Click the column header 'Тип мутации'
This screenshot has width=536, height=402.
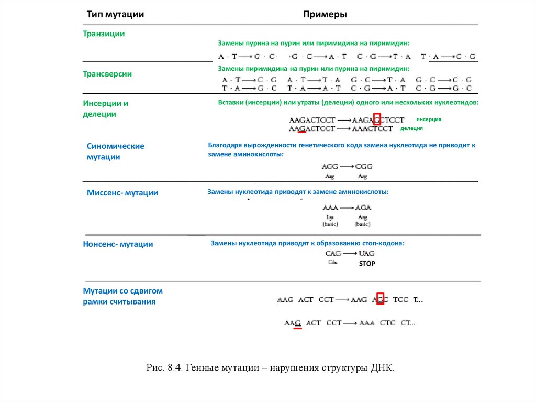pos(115,15)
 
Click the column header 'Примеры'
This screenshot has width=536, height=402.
pos(325,15)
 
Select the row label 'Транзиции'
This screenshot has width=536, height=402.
pos(104,34)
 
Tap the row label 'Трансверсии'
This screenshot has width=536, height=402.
pos(107,74)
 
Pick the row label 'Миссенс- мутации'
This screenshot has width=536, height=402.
pos(122,193)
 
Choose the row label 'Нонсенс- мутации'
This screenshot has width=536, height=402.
pos(118,244)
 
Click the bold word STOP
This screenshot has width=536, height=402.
pos(367,264)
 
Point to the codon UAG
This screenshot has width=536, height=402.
pos(366,253)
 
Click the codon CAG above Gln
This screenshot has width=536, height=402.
pos(333,253)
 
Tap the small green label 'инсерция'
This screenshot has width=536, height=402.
pos(429,119)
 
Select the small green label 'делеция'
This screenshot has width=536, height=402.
pos(411,128)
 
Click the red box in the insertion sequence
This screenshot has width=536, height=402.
pos(377,119)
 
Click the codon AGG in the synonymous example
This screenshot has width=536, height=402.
pos(330,166)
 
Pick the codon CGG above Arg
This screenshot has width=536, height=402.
pos(363,166)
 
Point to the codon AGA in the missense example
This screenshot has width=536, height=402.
pos(362,207)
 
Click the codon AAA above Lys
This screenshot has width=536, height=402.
pos(330,207)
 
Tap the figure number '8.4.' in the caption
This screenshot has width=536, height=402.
pos(174,368)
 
